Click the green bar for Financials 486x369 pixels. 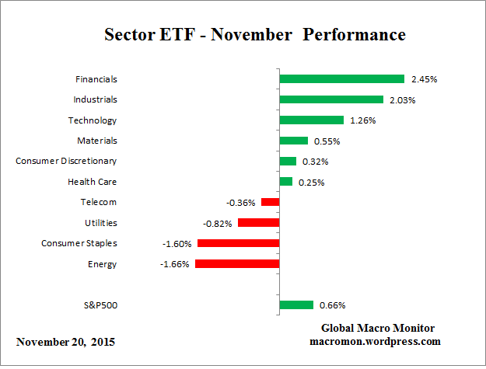341,79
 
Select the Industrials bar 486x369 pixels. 331,99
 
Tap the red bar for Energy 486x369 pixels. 237,264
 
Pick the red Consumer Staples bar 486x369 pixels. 238,243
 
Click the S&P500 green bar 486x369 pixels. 296,305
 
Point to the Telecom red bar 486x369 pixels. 270,202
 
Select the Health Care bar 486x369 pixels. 285,182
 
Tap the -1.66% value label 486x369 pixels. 177,264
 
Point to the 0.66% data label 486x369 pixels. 331,305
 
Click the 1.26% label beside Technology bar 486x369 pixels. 362,120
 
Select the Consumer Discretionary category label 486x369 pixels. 66,161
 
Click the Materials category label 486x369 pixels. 97,141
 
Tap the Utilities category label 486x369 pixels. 100,223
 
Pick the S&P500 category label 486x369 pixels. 100,305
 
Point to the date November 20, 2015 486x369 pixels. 67,342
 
